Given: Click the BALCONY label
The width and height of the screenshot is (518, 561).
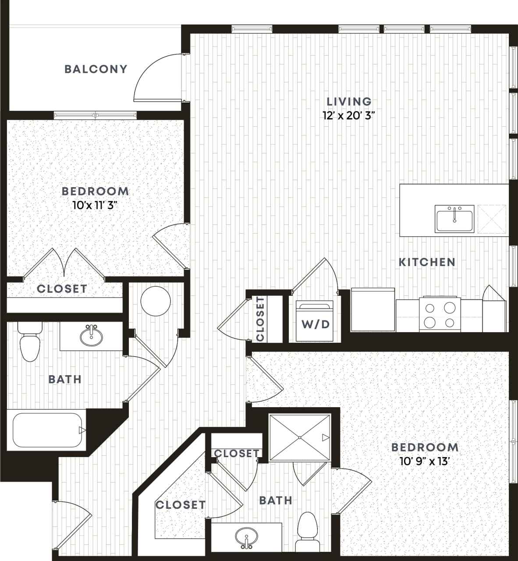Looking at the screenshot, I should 96,69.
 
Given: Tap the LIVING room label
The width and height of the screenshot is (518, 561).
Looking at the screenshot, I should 349,102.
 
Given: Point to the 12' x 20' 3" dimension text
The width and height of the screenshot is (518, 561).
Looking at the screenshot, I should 349,116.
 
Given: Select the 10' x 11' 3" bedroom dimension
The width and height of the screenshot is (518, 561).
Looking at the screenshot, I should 95,205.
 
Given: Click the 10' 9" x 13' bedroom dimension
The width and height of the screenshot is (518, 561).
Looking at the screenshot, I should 425,461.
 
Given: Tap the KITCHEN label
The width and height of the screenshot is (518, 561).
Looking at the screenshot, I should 427,262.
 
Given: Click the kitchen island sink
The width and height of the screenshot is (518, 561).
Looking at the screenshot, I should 454,218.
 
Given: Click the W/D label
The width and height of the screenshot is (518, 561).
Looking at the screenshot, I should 315,324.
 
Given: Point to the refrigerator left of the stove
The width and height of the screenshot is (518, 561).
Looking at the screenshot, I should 373,309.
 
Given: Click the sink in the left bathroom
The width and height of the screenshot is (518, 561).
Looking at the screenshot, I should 92,336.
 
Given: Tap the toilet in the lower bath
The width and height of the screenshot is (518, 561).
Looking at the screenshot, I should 307,532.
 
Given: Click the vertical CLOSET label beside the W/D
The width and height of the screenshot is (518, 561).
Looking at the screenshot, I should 260,319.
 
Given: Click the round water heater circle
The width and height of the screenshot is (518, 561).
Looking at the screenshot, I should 156,302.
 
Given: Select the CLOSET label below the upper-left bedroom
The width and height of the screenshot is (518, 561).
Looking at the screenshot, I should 62,289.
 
